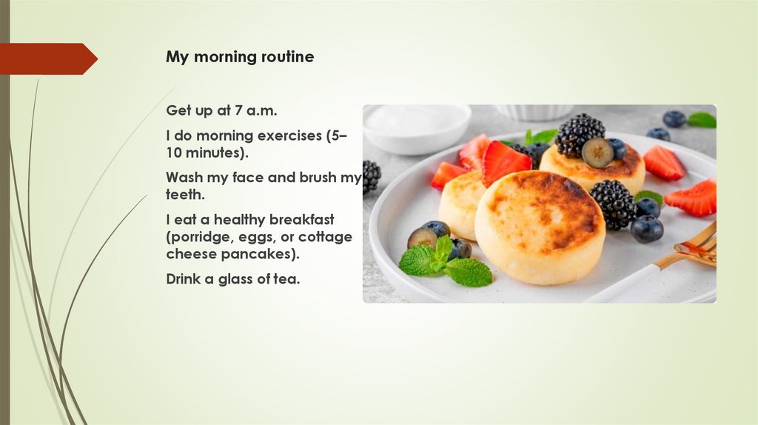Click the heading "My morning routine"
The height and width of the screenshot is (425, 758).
240,57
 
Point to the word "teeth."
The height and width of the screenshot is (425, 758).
184,195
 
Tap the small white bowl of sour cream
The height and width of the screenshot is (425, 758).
416,128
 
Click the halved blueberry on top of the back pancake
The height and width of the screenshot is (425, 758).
597,153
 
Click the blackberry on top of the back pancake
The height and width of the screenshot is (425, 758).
579,133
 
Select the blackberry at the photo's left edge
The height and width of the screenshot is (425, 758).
371,176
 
